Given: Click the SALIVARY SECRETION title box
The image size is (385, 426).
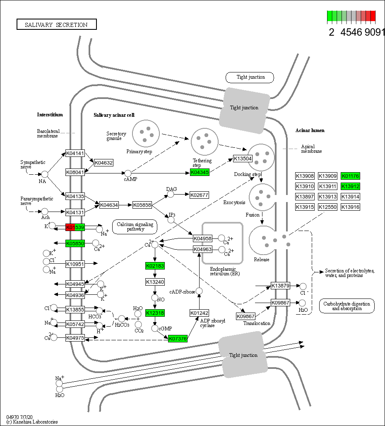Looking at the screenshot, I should (x=56, y=24).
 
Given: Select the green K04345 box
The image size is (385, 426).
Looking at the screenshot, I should (x=200, y=172).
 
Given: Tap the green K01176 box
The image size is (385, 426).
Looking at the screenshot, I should (x=350, y=176).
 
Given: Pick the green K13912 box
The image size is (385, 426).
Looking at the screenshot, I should (x=350, y=186).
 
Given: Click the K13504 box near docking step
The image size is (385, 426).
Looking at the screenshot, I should (x=243, y=159).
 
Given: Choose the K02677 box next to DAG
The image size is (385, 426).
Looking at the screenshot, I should (x=199, y=195).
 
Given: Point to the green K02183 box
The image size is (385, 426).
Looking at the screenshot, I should (x=155, y=266).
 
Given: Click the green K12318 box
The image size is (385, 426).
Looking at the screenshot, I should (x=155, y=313).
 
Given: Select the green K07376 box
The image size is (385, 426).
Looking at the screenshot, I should (x=178, y=339).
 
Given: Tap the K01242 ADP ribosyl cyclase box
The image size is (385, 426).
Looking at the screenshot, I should (x=199, y=313).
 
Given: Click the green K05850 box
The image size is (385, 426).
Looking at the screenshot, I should (x=75, y=243).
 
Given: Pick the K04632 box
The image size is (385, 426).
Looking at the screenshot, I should (x=103, y=163).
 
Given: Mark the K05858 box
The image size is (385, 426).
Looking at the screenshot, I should (x=142, y=205).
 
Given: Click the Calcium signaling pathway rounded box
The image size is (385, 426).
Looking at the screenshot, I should (x=135, y=226).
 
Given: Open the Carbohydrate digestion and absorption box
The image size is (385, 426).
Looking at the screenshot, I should (x=347, y=306).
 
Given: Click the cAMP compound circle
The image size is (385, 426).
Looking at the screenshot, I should (x=128, y=173).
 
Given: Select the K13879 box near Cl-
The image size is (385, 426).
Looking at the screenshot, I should (x=280, y=286).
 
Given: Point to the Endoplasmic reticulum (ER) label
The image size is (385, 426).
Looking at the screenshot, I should (x=222, y=271).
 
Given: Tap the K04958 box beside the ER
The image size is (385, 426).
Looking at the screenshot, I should (x=202, y=238).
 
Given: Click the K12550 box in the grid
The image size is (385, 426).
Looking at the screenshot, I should (x=327, y=207).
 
